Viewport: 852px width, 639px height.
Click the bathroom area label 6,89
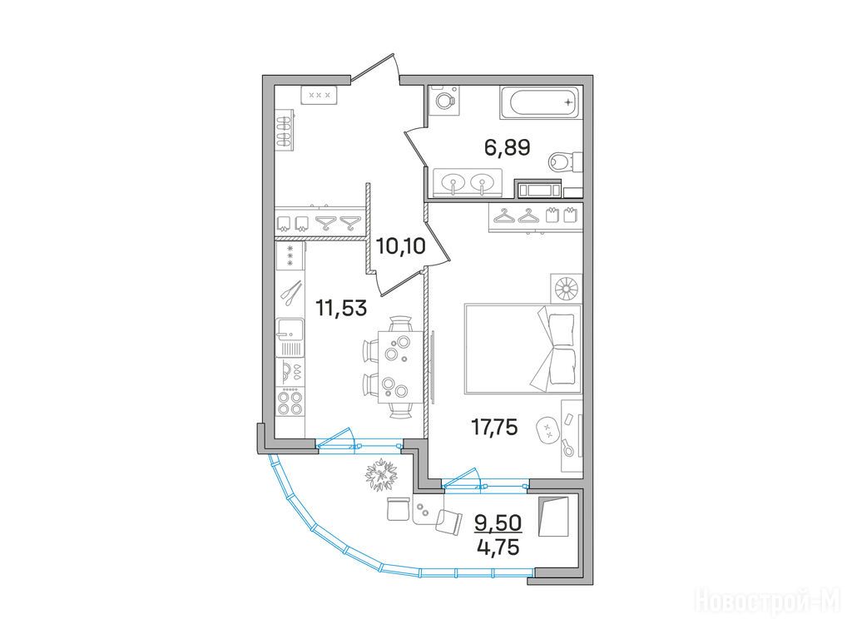click(507, 148)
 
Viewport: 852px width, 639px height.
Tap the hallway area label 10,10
click(401, 246)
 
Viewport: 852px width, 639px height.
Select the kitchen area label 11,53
click(342, 309)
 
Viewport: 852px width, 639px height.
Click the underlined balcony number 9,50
click(498, 523)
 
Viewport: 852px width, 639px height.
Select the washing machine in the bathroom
click(444, 101)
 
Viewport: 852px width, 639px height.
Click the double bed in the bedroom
click(523, 349)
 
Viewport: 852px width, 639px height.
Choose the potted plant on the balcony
click(383, 475)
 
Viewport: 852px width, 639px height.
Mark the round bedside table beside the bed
click(566, 288)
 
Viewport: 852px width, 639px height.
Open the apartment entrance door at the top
click(375, 69)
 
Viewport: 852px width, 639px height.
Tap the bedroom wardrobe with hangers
click(535, 217)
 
